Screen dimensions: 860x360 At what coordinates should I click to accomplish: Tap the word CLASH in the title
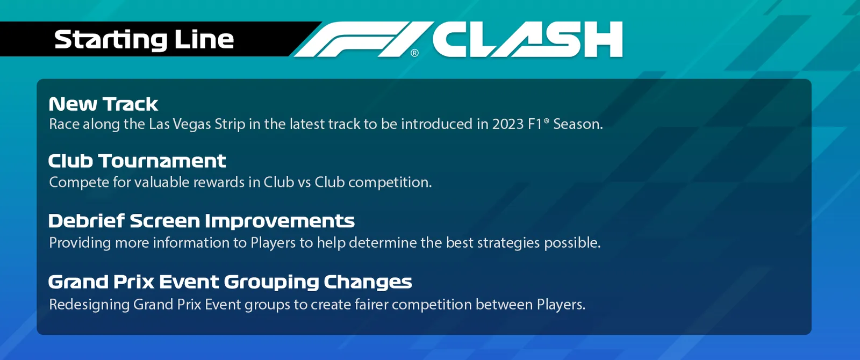527,39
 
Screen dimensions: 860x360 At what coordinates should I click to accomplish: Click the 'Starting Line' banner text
144,40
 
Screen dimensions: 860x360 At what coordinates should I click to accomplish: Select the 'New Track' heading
103,104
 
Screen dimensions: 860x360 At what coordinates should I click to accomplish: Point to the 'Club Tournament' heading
137,161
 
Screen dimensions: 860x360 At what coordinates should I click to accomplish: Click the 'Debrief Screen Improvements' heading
202,221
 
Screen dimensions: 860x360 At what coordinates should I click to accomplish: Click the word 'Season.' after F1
578,124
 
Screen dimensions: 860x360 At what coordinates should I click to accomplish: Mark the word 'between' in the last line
504,304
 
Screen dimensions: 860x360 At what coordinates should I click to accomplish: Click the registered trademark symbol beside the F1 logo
414,53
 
